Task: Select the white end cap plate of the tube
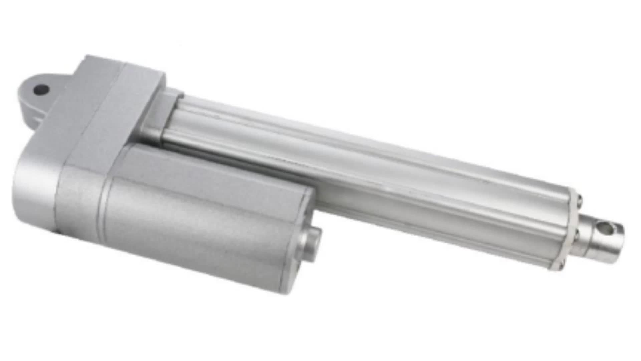pyautogui.click(x=572, y=231)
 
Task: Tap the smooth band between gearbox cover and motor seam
pyautogui.click(x=80, y=201)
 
